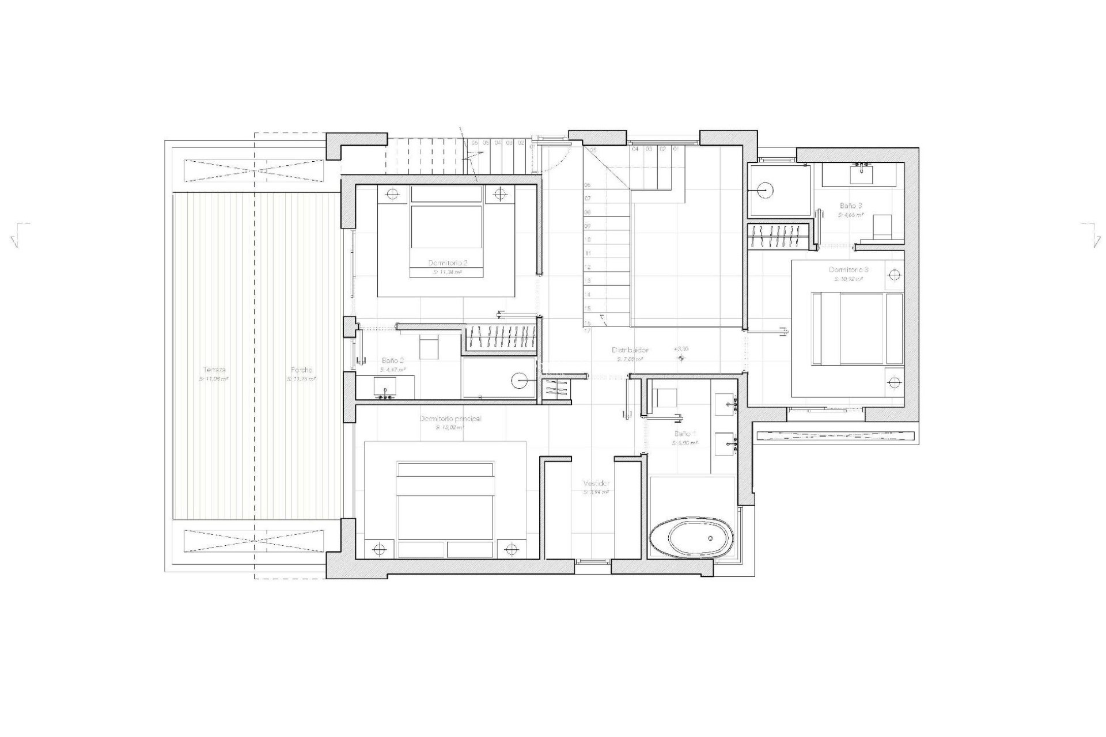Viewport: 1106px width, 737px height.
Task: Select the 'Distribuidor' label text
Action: tap(630, 350)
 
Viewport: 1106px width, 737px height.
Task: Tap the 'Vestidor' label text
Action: tap(596, 484)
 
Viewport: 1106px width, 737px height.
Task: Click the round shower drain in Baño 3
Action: tap(765, 189)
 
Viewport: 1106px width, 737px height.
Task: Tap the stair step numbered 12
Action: tap(588, 267)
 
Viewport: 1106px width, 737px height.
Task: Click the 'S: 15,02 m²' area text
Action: tap(450, 428)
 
